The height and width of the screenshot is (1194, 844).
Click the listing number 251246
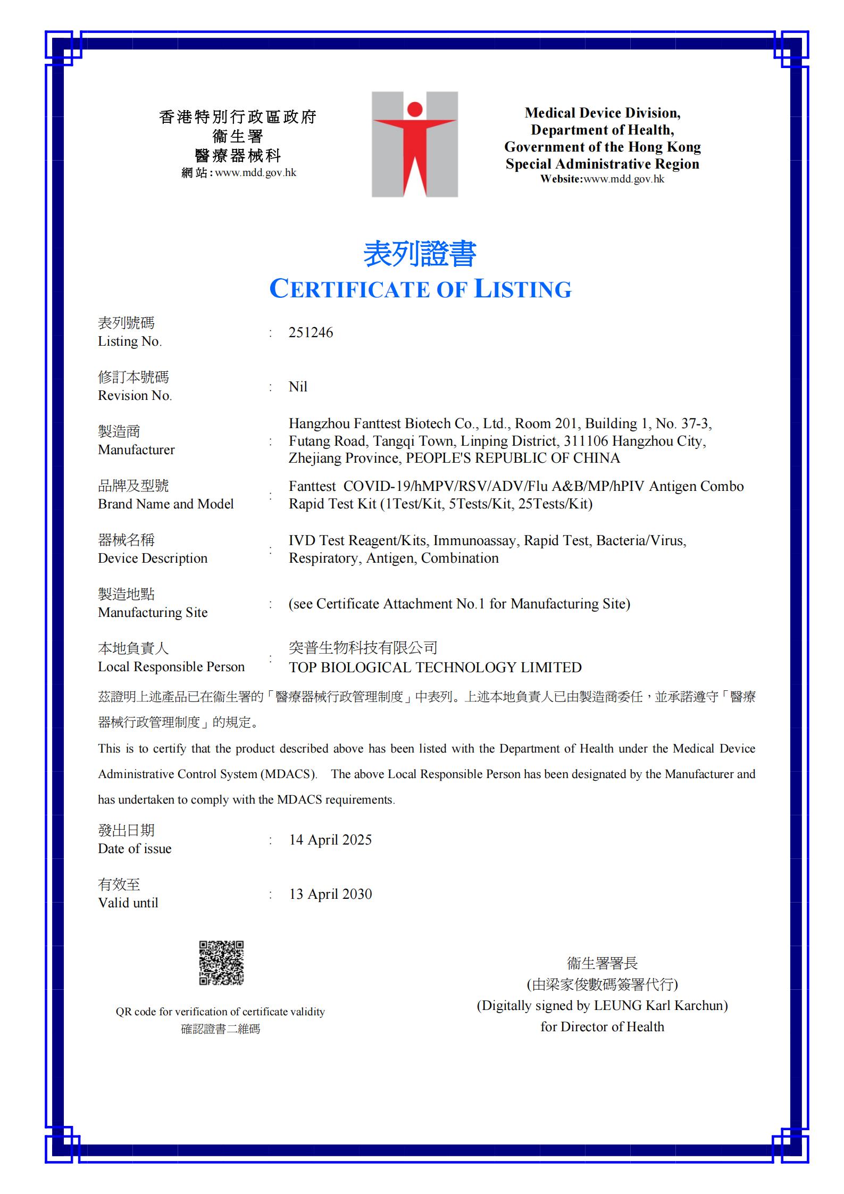pos(311,333)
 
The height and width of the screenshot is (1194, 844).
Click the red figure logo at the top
pos(414,144)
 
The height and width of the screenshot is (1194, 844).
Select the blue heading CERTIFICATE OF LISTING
pos(420,289)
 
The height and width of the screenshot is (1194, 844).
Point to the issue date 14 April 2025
pos(330,840)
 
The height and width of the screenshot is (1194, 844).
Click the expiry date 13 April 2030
pos(330,894)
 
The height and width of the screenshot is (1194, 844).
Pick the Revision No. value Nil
pos(298,387)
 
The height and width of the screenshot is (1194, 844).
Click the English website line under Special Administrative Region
pos(602,179)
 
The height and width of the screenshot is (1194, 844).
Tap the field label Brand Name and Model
pos(165,504)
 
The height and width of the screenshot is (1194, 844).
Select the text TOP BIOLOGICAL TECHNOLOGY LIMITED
pos(435,667)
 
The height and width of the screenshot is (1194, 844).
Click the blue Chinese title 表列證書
pos(420,254)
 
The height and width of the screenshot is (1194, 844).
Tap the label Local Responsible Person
pos(171,667)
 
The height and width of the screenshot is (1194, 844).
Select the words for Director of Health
pos(602,1026)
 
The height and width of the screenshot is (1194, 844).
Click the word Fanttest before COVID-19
pos(312,487)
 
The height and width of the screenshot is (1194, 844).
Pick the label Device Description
pos(153,558)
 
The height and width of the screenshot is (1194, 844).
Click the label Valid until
pos(128,903)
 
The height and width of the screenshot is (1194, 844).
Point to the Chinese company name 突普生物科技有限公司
pos(363,648)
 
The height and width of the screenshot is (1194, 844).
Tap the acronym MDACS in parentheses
pos(288,774)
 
